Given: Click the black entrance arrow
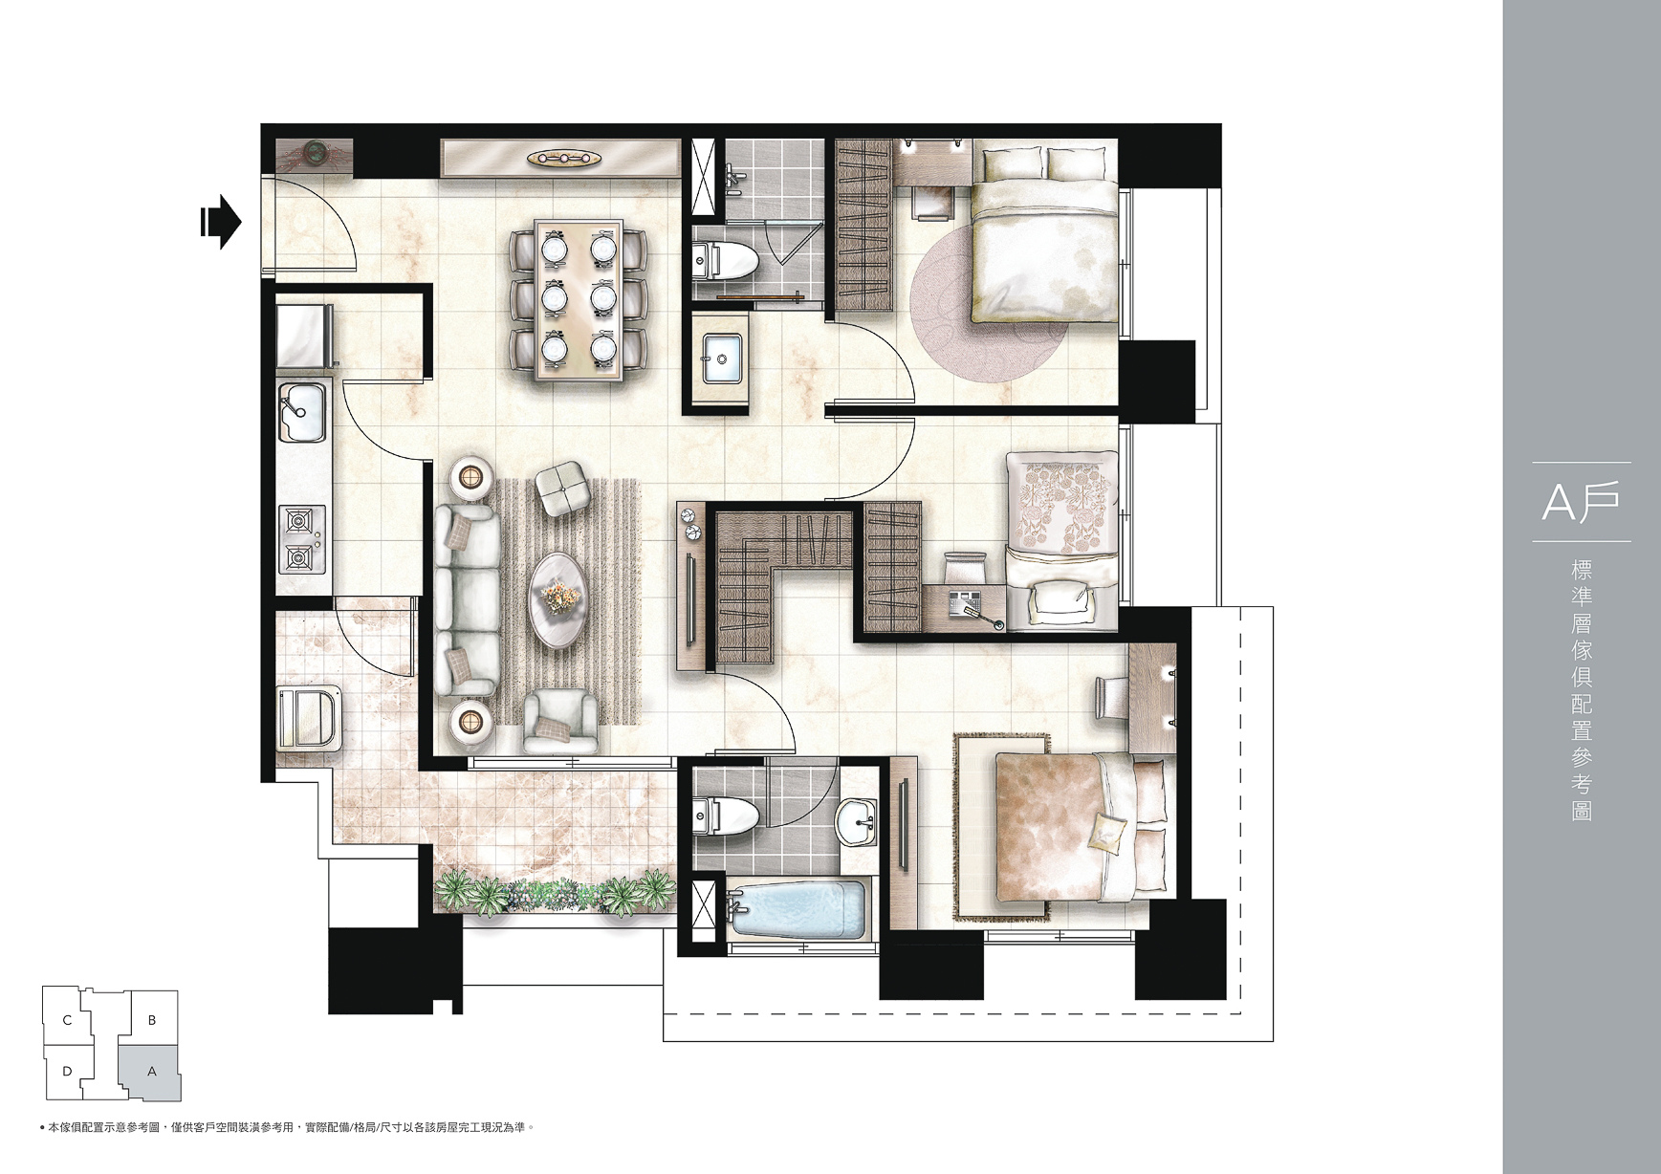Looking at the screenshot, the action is tap(221, 223).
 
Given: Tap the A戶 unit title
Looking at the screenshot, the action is tap(1581, 503).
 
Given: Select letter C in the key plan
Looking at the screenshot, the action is tap(67, 1020).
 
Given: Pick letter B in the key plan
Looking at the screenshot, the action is tap(152, 1020).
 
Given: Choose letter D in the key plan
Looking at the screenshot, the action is tap(67, 1072).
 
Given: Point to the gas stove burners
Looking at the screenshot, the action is tap(301, 538).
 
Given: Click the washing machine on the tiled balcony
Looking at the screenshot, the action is tap(307, 717).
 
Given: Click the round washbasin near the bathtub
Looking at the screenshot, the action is tap(856, 822).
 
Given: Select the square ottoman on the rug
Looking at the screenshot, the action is tap(560, 489).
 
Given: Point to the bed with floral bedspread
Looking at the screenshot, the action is tap(1062, 540).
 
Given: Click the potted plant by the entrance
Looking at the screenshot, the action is tap(315, 153).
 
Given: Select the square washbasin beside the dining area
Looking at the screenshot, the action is tap(724, 359).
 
